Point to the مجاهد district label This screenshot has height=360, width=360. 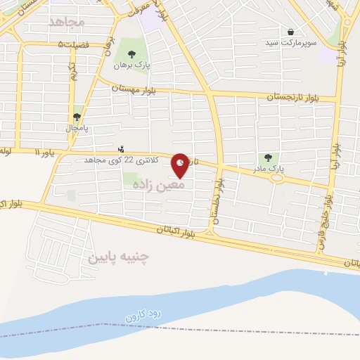click(67, 22)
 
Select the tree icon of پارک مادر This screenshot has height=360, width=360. click(268, 157)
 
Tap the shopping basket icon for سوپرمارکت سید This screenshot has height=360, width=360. click(290, 32)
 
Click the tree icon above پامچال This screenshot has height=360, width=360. click(77, 117)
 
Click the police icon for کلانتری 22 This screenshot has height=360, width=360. click(121, 149)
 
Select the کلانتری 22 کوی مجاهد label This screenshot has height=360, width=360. click(114, 160)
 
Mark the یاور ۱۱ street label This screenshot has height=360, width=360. click(44, 152)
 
